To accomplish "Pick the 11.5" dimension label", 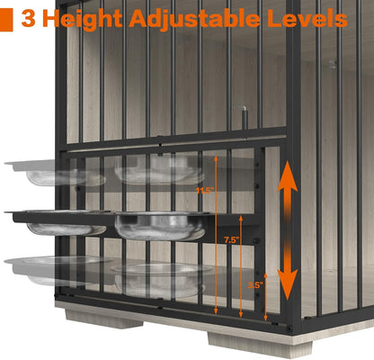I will tap(205, 191).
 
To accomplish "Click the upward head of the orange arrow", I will tap(288, 179).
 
